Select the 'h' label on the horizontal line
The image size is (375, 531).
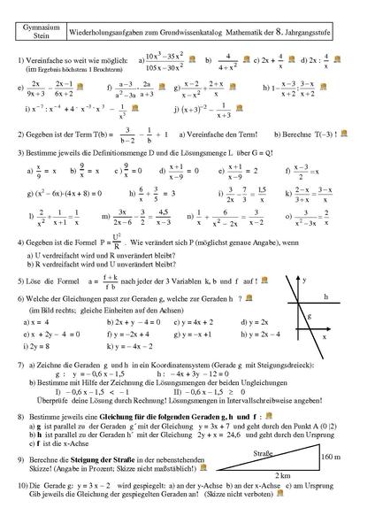[x=326, y=296]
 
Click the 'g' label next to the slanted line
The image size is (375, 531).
[x=297, y=316]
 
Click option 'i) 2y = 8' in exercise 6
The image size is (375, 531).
[x=38, y=348]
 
